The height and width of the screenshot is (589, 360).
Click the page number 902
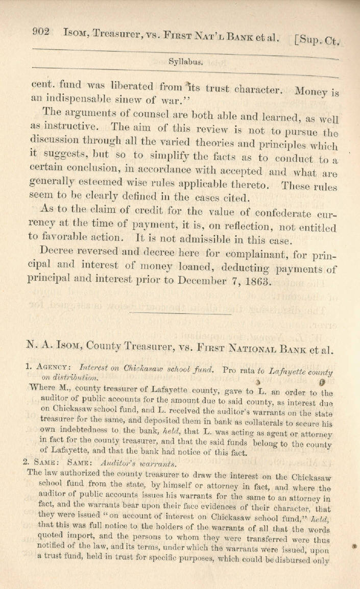pos(40,32)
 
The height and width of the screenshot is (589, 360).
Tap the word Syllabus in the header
pos(185,62)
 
